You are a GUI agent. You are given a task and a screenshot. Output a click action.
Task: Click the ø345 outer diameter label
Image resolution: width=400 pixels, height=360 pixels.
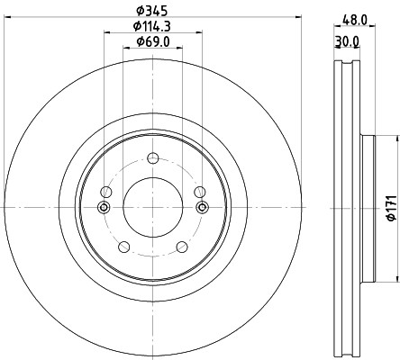(151, 11)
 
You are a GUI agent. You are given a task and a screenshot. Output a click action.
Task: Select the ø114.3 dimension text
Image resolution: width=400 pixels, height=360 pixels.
(152, 26)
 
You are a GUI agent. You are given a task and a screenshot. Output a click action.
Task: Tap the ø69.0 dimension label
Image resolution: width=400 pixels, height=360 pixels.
(153, 41)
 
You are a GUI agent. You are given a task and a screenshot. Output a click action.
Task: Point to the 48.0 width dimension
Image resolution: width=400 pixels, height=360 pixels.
(355, 20)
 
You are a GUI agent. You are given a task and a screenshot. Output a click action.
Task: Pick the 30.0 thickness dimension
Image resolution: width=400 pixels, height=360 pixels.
(347, 42)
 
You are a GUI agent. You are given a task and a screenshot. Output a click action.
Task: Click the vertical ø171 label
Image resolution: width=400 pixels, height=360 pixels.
(392, 209)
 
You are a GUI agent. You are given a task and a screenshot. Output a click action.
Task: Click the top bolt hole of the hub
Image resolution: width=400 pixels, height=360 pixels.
(153, 158)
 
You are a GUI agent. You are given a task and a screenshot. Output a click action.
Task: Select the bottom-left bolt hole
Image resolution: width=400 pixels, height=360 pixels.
(124, 247)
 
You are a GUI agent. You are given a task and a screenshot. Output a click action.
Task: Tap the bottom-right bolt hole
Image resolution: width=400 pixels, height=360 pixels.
(182, 247)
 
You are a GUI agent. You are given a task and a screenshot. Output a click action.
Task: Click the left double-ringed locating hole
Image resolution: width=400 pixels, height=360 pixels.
(105, 207)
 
